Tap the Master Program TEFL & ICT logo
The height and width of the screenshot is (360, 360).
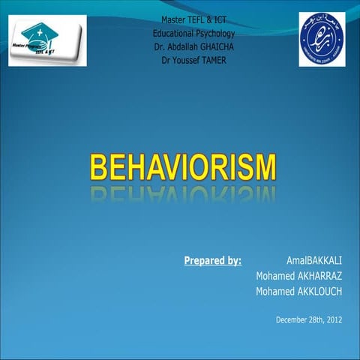pyautogui.click(x=47, y=40)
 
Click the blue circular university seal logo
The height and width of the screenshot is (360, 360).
pyautogui.click(x=321, y=39)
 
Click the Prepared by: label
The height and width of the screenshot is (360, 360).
pyautogui.click(x=212, y=261)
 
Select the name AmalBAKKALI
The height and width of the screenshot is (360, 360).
pyautogui.click(x=314, y=261)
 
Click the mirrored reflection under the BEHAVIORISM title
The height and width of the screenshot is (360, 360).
pyautogui.click(x=183, y=195)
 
